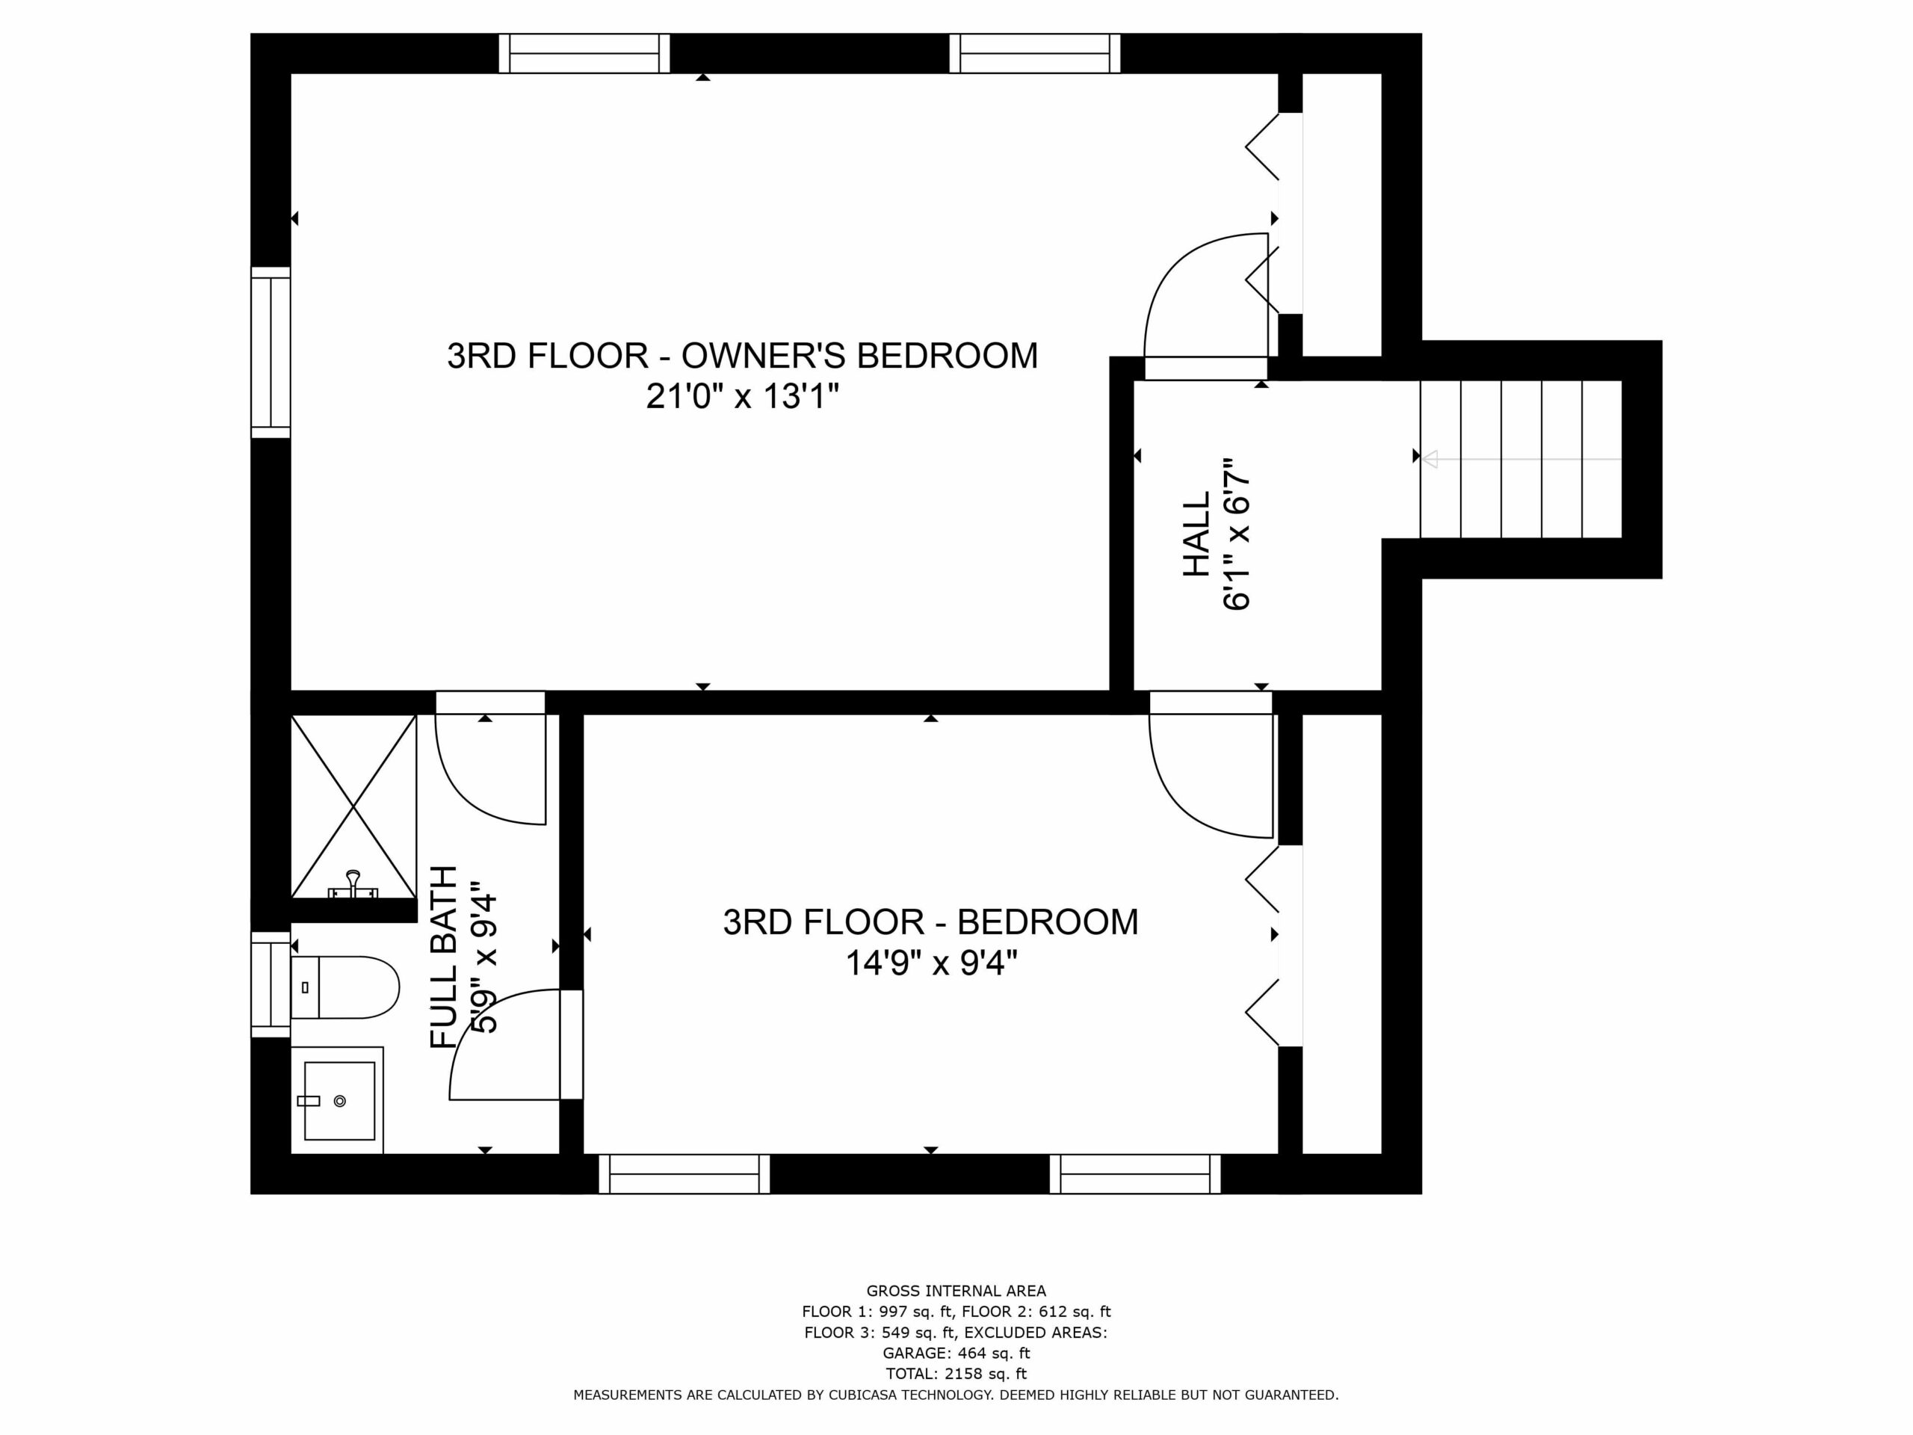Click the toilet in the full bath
pyautogui.click(x=344, y=987)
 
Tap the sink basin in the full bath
pyautogui.click(x=339, y=1100)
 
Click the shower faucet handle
pyautogui.click(x=353, y=884)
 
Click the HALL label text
pyautogui.click(x=1196, y=534)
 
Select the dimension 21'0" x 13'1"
pyautogui.click(x=743, y=397)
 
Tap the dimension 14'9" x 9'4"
pyautogui.click(x=931, y=963)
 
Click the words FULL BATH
pyautogui.click(x=444, y=957)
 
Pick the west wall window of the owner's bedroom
pyautogui.click(x=271, y=352)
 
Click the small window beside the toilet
pyautogui.click(x=271, y=984)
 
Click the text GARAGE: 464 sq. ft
pyautogui.click(x=956, y=1353)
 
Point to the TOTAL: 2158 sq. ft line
pyautogui.click(x=956, y=1374)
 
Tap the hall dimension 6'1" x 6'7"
pyautogui.click(x=1237, y=534)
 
